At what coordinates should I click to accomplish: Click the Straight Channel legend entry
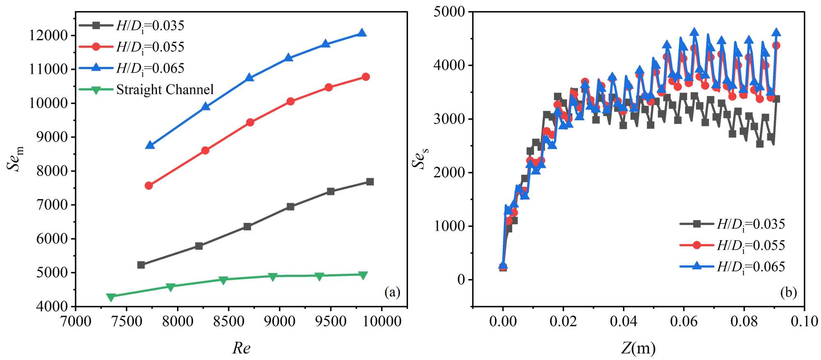(x=165, y=89)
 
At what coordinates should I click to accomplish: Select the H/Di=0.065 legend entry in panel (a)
(x=150, y=68)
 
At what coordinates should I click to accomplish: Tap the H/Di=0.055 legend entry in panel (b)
(x=751, y=245)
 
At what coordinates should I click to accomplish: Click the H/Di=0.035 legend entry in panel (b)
(x=751, y=224)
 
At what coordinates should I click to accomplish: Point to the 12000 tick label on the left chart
(x=48, y=35)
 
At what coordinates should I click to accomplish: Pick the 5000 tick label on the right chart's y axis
(x=449, y=11)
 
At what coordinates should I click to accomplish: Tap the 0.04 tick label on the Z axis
(x=623, y=321)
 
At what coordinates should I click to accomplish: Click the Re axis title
(x=241, y=348)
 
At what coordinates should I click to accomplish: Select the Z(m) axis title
(x=638, y=348)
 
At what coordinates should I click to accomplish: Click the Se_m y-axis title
(x=15, y=158)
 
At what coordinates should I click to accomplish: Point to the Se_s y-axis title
(x=420, y=158)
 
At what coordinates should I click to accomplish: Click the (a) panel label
(x=392, y=292)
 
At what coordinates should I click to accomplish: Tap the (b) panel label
(x=789, y=292)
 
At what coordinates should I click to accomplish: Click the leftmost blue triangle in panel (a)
(x=150, y=145)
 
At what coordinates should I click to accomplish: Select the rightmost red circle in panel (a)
(x=366, y=77)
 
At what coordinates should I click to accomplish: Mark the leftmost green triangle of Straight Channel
(x=111, y=297)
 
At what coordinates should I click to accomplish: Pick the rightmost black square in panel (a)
(x=370, y=181)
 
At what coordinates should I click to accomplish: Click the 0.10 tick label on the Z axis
(x=804, y=321)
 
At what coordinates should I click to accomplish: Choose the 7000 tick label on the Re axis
(x=76, y=321)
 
